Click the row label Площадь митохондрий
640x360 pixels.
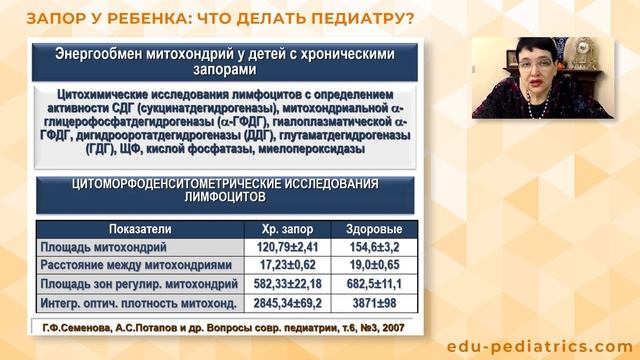[x=103, y=246]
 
